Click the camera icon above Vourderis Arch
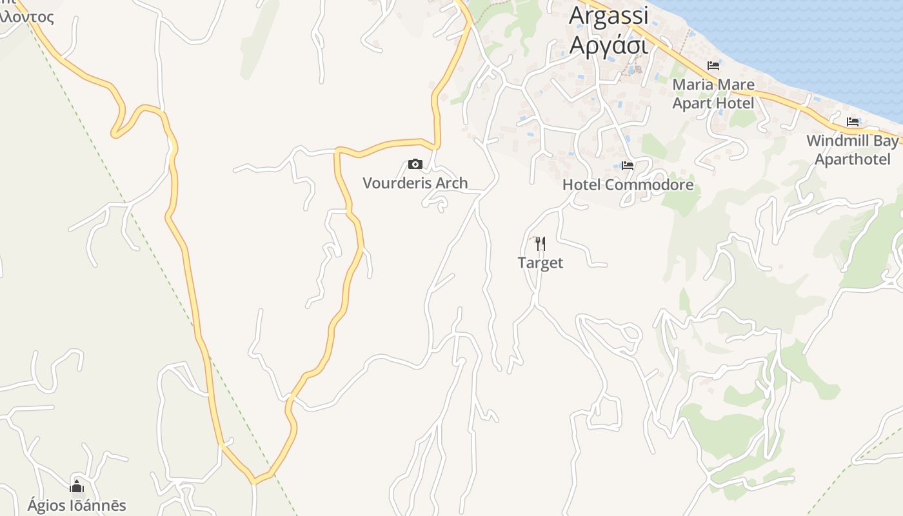click(415, 164)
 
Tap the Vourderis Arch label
click(415, 183)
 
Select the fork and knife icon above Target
click(541, 243)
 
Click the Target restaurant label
click(541, 263)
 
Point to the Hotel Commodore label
click(628, 185)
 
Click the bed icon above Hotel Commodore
click(628, 166)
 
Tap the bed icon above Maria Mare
click(713, 65)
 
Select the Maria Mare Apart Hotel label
click(713, 94)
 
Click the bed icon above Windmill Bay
click(853, 121)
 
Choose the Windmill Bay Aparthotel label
click(853, 150)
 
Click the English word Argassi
click(608, 15)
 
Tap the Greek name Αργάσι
click(608, 46)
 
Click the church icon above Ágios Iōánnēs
click(77, 486)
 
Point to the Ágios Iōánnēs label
click(77, 506)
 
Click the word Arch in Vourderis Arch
click(451, 183)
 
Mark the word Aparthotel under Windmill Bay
click(853, 160)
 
